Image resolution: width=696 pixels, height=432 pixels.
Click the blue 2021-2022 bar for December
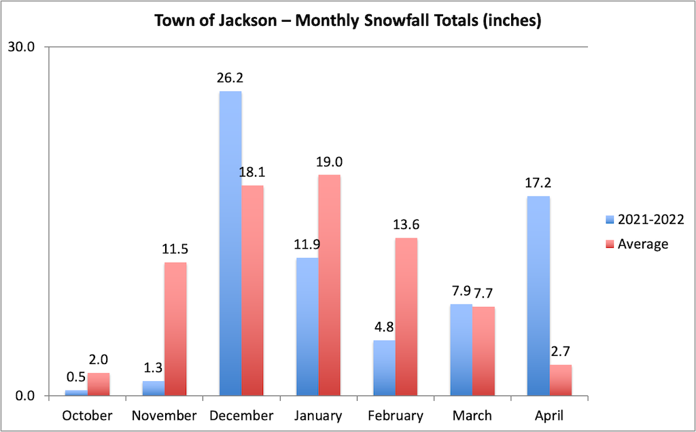230,243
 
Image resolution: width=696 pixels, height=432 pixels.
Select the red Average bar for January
329,285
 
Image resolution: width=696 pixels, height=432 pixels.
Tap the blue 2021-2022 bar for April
538,295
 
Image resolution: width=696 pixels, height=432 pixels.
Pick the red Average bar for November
175,329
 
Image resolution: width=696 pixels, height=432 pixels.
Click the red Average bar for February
406,317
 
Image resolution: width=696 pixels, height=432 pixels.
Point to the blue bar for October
76,393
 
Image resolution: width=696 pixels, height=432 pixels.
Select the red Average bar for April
560,380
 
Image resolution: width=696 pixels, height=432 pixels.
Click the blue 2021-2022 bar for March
462,350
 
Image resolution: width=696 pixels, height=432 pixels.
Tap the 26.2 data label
230,77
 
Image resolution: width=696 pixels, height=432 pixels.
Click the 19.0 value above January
329,162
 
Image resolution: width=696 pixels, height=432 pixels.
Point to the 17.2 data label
538,183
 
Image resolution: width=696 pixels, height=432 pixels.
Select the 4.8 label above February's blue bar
384,327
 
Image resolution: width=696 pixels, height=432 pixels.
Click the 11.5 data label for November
175,249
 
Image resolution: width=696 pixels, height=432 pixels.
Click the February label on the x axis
395,415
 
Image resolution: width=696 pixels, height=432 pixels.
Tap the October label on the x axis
87,415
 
